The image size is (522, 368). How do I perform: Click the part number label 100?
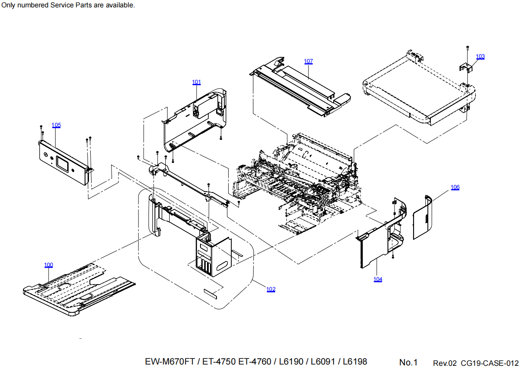[49, 265]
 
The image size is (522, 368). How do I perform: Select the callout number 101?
[197, 82]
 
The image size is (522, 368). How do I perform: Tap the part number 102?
[271, 289]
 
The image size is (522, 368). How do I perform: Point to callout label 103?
[480, 56]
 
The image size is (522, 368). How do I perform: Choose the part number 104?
[378, 279]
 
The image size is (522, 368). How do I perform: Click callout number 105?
[56, 125]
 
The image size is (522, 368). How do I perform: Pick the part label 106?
[455, 187]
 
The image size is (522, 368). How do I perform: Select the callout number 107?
[308, 61]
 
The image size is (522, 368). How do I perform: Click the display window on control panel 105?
[61, 163]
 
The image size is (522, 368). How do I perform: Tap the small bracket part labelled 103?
[465, 67]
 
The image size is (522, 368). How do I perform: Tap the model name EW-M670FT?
[169, 361]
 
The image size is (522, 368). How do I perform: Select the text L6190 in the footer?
[292, 361]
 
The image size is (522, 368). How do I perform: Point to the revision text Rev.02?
[445, 363]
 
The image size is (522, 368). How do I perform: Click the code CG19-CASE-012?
[489, 363]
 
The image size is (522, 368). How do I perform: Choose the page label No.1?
[408, 362]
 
